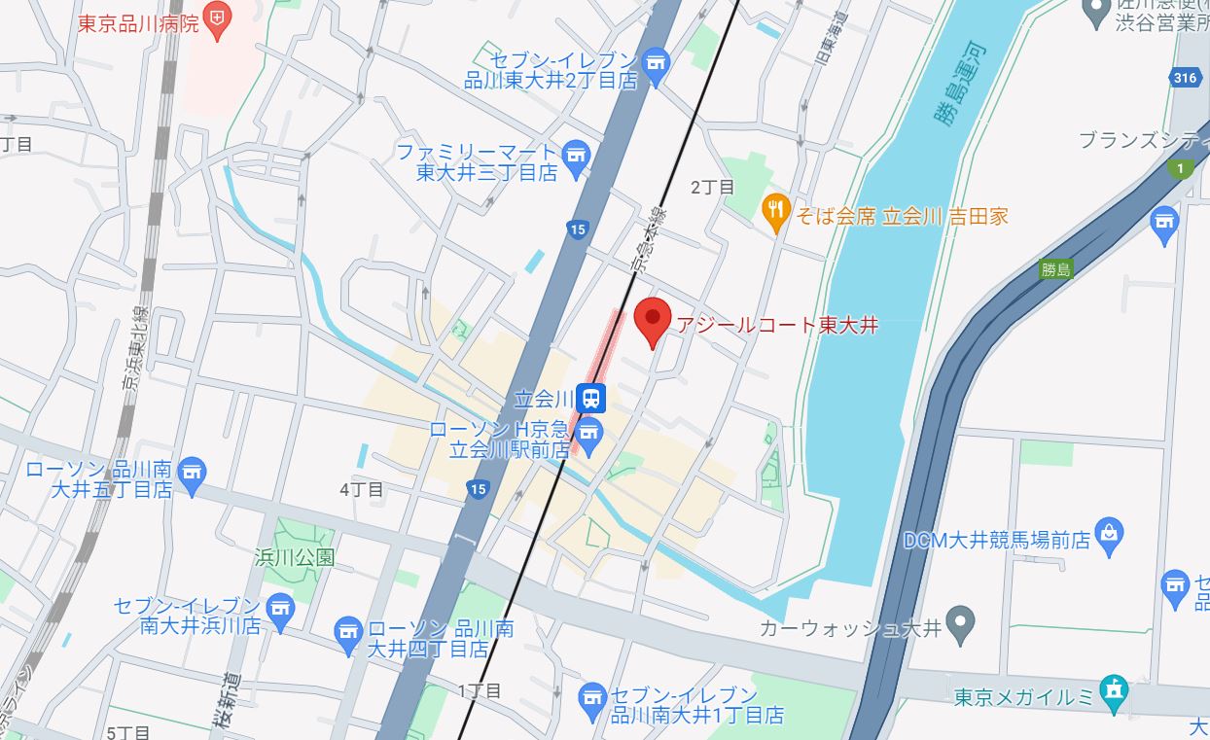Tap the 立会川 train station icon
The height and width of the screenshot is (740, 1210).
590,398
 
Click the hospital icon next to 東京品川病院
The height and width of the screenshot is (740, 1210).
219,18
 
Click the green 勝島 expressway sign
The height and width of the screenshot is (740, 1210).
1054,269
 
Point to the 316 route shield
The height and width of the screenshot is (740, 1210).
1187,78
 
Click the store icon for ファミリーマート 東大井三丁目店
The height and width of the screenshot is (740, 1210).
577,156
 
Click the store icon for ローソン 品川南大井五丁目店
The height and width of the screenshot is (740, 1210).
193,473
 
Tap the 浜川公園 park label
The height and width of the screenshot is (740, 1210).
294,557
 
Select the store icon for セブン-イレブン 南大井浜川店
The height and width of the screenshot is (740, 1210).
280,609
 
